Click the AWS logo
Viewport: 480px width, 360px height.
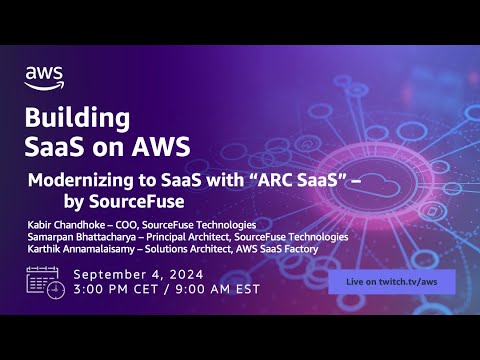46,76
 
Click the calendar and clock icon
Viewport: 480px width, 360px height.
46,283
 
